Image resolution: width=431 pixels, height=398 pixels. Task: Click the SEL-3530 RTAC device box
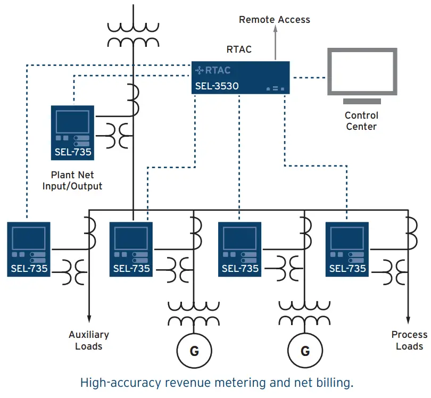[241, 78]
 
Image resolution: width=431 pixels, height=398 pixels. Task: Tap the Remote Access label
[274, 20]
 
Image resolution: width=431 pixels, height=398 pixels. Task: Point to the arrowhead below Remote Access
[275, 33]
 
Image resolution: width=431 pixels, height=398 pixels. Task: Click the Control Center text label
[361, 121]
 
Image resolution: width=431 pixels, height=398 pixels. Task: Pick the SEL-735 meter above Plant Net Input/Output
[72, 132]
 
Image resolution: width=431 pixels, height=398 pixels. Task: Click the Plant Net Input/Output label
[76, 180]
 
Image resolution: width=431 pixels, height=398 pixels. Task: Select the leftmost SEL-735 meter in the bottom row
[29, 249]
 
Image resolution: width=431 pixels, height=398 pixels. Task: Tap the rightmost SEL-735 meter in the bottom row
[347, 249]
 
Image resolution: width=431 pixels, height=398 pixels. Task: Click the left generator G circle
[194, 351]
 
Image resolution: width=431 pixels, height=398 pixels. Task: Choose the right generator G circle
[305, 351]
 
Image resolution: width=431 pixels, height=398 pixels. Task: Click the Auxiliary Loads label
[89, 341]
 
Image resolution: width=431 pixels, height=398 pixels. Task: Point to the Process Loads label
[409, 341]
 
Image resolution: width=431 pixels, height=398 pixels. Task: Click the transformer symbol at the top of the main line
[131, 34]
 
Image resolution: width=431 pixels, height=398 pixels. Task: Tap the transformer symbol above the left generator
[194, 314]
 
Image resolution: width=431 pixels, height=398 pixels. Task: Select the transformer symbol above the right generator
[305, 314]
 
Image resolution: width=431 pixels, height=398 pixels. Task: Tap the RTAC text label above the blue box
[239, 49]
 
